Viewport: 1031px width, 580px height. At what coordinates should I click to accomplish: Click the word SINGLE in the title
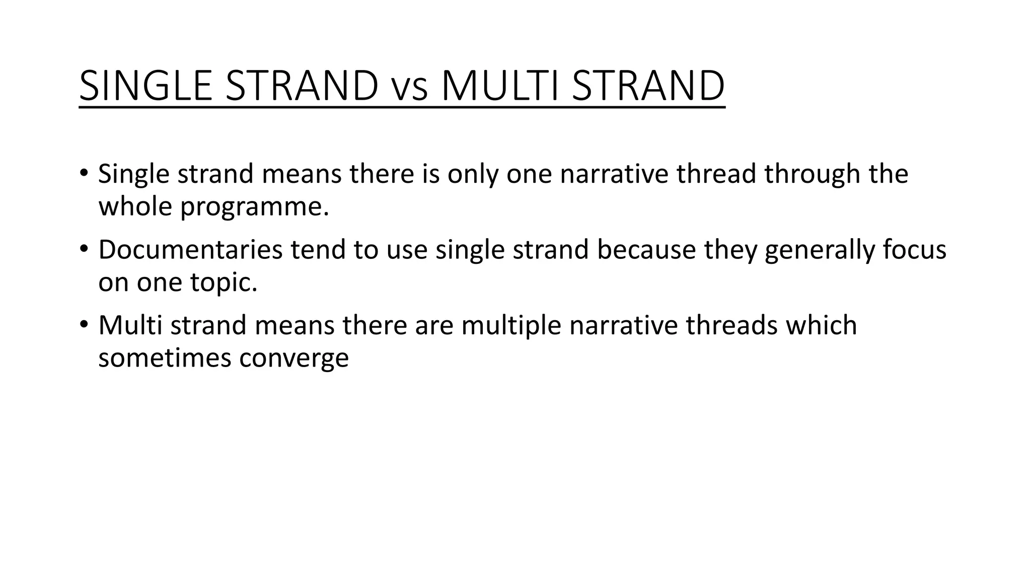click(x=146, y=86)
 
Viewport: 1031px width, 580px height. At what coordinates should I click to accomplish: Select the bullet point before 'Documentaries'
click(x=84, y=249)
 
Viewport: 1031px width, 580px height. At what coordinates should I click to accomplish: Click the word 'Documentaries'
click(x=190, y=250)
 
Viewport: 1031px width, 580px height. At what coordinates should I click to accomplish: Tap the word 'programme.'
click(x=255, y=207)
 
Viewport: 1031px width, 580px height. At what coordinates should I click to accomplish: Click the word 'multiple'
click(x=511, y=325)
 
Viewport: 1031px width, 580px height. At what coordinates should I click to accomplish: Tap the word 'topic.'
click(x=224, y=282)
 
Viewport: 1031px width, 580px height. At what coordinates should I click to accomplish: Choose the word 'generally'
click(x=820, y=250)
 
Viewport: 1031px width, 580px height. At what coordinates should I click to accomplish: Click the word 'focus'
click(x=914, y=250)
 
